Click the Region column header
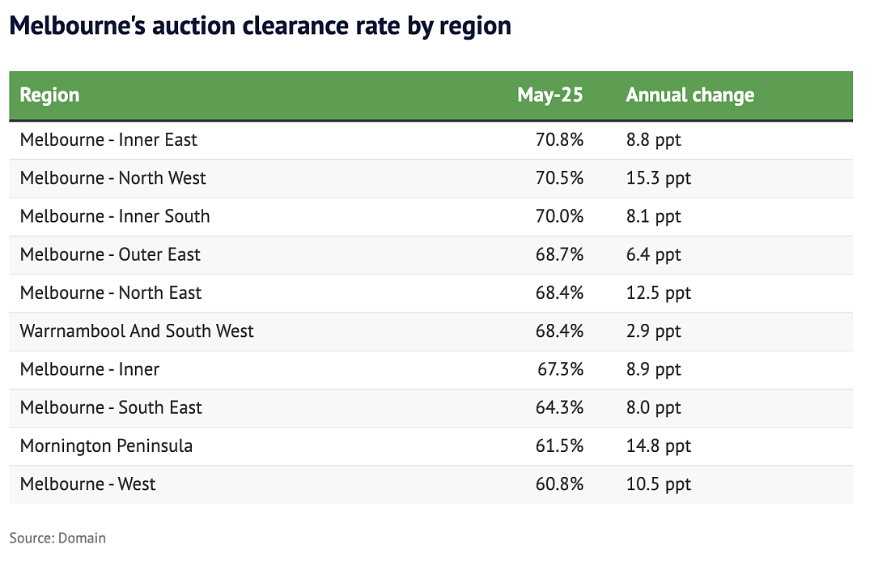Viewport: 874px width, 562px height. [49, 96]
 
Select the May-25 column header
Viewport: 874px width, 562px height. [550, 96]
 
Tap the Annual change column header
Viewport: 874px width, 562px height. [690, 96]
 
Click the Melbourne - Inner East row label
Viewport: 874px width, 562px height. [108, 140]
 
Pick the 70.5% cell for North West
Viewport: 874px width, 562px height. [560, 178]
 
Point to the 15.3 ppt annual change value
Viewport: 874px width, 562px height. [658, 178]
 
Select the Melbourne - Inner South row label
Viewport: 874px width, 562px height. [115, 216]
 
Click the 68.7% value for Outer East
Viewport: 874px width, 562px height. [560, 255]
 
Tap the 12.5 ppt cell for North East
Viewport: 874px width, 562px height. [658, 293]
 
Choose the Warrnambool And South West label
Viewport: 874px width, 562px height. [137, 331]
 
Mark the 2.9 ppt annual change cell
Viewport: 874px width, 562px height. [653, 332]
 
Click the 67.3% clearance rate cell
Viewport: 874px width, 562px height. [560, 369]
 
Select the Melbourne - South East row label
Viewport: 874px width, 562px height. [111, 407]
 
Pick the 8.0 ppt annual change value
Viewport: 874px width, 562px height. [653, 408]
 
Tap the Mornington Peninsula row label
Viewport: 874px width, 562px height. [107, 446]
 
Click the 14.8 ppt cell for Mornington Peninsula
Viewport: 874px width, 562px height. [658, 446]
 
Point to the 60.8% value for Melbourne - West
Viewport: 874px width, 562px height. [560, 484]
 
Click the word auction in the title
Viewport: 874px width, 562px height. [193, 26]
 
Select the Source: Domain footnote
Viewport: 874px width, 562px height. [57, 538]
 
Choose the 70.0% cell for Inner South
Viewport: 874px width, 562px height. [560, 216]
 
